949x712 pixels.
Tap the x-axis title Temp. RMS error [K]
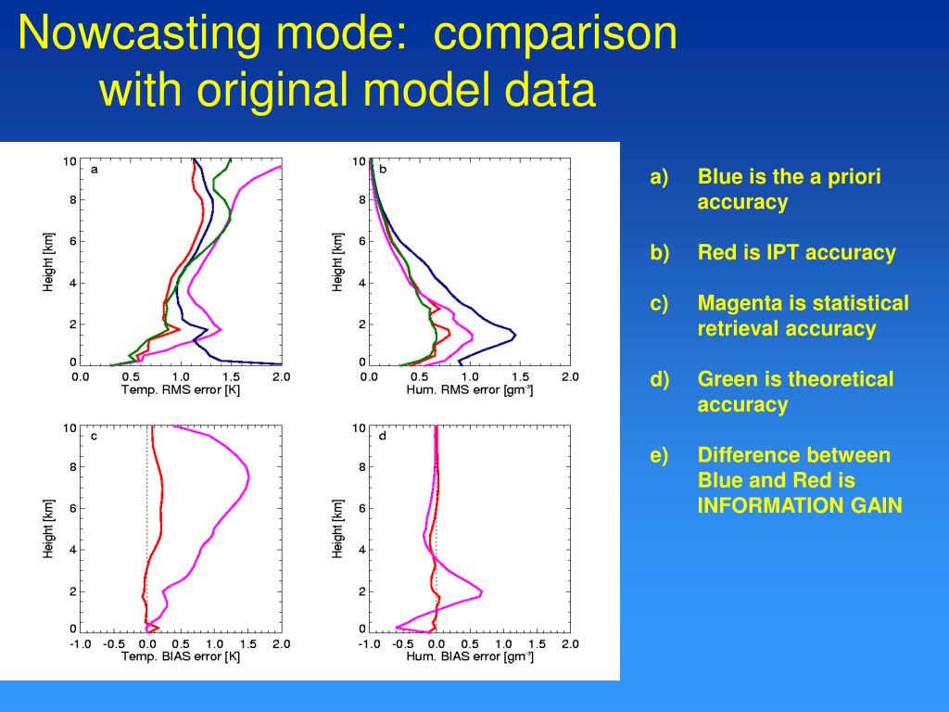(181, 389)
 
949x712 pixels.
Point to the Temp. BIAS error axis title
(181, 656)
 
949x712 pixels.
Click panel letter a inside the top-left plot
(95, 169)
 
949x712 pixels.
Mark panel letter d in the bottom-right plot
(383, 436)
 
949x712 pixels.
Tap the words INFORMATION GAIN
(800, 506)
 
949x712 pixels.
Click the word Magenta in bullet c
(739, 303)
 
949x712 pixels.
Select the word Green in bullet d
(726, 379)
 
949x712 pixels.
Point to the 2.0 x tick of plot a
(281, 376)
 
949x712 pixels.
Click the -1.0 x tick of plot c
(81, 643)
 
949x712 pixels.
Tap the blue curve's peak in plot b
(514, 334)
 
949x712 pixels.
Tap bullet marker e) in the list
(659, 455)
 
